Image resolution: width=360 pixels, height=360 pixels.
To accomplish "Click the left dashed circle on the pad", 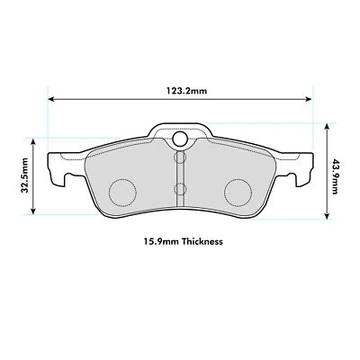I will point(121,191).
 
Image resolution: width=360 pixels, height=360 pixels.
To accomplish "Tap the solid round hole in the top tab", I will point(179,139).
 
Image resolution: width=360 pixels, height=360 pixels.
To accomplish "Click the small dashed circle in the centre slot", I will point(179,189).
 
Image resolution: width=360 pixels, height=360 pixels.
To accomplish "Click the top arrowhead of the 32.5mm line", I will point(35,140).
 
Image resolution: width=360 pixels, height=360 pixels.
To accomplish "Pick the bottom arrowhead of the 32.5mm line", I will point(35,213).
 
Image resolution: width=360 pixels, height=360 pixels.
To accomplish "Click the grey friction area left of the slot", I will point(135,171).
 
